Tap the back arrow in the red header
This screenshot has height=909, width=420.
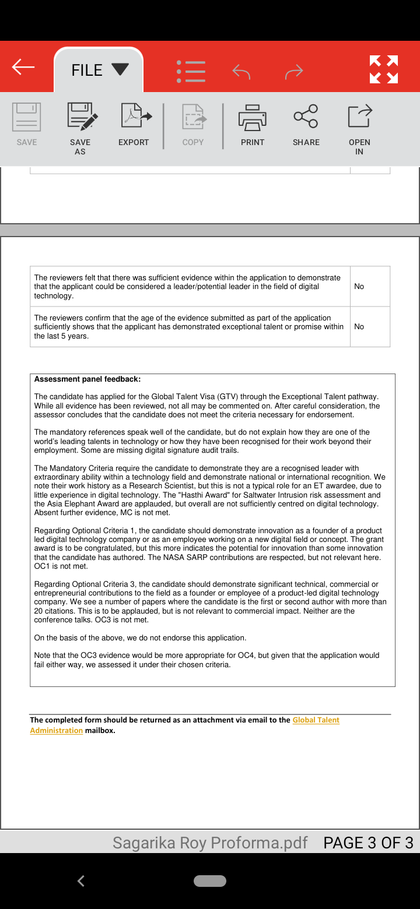click(23, 68)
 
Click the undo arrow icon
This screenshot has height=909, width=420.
click(241, 72)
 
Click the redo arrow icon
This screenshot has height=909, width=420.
click(294, 72)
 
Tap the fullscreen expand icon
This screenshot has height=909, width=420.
click(384, 69)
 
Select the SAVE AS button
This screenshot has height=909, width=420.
click(80, 128)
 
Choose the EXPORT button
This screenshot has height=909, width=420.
click(134, 125)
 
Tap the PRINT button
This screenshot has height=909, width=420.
click(253, 125)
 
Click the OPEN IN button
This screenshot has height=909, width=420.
click(359, 128)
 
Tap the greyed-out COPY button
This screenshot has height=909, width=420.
click(193, 125)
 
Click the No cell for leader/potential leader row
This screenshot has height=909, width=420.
click(359, 287)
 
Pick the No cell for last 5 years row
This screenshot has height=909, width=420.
click(359, 327)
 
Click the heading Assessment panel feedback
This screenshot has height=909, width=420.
click(87, 379)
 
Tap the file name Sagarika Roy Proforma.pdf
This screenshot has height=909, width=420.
click(210, 843)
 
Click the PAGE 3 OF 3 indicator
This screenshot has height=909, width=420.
click(368, 843)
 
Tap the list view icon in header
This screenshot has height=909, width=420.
click(191, 71)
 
